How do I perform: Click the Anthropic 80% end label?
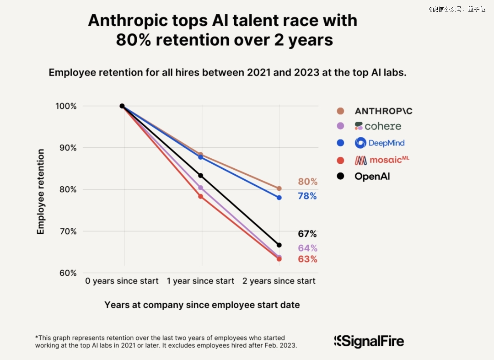click(x=307, y=182)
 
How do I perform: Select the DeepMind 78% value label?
click(x=307, y=196)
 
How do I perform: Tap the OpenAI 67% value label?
click(x=307, y=234)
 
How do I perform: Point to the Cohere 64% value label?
click(x=307, y=248)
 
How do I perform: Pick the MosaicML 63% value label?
click(x=307, y=259)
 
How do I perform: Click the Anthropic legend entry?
click(x=383, y=111)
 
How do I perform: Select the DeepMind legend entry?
click(x=380, y=143)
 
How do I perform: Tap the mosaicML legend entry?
click(x=381, y=160)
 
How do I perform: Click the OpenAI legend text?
click(x=372, y=176)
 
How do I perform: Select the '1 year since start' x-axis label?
click(x=200, y=281)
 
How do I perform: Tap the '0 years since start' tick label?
click(x=122, y=281)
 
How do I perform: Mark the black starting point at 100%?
click(x=122, y=106)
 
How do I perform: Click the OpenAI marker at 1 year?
click(x=200, y=176)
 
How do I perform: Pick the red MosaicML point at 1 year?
click(x=200, y=197)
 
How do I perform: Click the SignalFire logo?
click(x=369, y=341)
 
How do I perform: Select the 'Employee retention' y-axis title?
click(x=41, y=192)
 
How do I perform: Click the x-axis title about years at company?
click(x=202, y=305)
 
